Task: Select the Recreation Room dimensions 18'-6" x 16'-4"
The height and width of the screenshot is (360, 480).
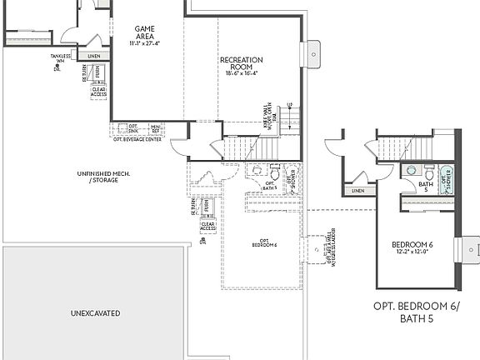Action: [x=242, y=73]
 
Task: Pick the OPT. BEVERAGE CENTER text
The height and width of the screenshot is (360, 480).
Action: [x=137, y=139]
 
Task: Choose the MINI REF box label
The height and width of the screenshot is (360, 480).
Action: [x=155, y=128]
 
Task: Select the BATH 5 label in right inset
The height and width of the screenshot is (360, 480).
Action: [x=426, y=187]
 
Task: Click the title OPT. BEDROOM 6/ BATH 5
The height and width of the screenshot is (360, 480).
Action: [x=417, y=312]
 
